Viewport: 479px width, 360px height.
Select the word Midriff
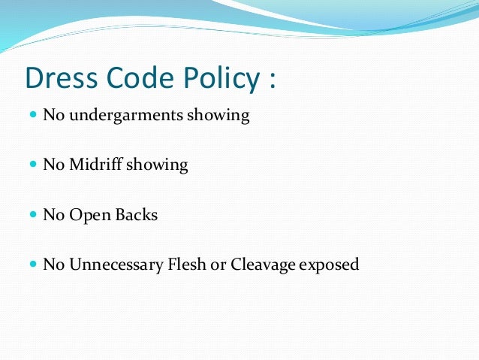[x=97, y=165]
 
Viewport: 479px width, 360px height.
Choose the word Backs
[x=136, y=215]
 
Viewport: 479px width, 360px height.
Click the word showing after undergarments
[x=222, y=117]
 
